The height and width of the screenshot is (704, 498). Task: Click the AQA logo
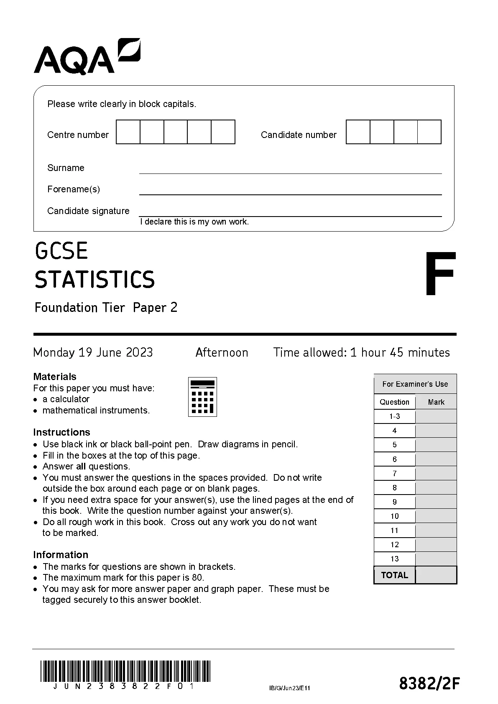(87, 57)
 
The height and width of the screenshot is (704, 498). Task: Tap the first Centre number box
(128, 132)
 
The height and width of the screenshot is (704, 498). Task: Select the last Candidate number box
(429, 132)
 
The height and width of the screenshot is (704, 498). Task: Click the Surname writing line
(290, 169)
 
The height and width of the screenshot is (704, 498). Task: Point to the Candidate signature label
(88, 211)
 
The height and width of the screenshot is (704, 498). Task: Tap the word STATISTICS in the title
(94, 280)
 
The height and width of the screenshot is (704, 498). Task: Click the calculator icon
(203, 397)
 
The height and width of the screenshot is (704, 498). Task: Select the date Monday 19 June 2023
(93, 352)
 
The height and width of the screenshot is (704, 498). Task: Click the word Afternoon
(222, 352)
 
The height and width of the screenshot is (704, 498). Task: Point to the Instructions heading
(61, 432)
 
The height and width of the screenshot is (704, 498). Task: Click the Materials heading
(55, 377)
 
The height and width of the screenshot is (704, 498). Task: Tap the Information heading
(61, 555)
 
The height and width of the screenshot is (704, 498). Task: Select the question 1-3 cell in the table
(395, 416)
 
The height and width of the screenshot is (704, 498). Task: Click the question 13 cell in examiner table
(395, 559)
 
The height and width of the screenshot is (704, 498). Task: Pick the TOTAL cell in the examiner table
(395, 575)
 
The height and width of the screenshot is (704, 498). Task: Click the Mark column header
(436, 402)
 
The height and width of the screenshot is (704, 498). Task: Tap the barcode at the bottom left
(125, 671)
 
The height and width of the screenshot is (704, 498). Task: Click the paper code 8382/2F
(429, 684)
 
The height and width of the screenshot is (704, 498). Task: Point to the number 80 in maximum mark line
(198, 578)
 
